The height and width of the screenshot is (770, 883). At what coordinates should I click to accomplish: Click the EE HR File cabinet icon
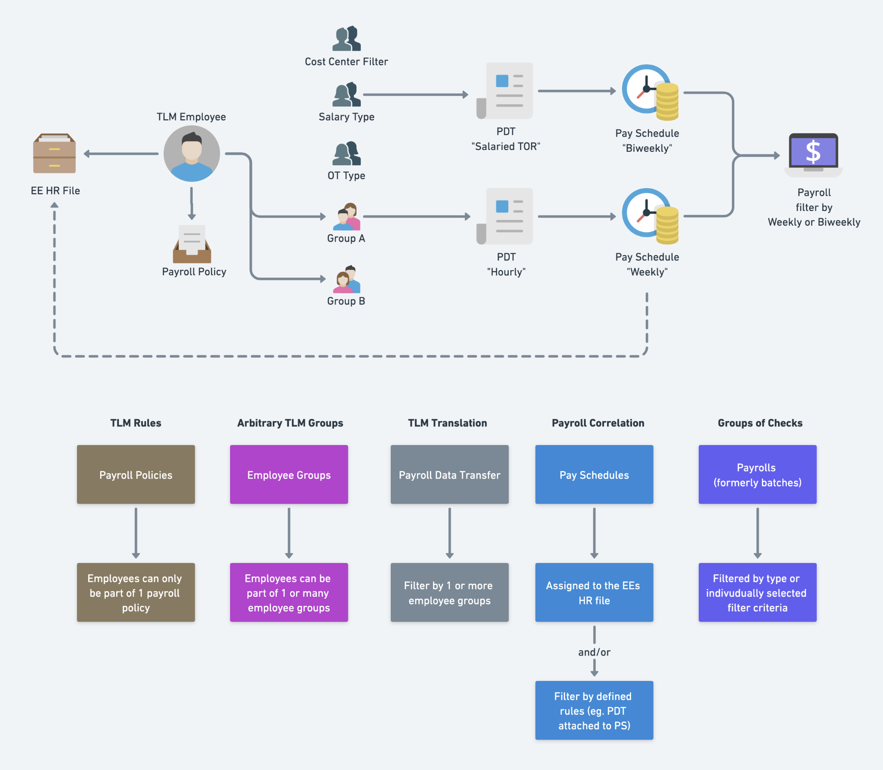[x=54, y=154]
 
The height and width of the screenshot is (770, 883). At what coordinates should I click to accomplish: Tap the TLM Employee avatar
[x=192, y=154]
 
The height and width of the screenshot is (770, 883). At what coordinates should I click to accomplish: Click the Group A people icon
[x=347, y=217]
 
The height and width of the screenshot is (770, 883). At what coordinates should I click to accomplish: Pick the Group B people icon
[x=347, y=280]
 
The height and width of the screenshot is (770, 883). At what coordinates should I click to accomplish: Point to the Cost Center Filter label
[x=346, y=61]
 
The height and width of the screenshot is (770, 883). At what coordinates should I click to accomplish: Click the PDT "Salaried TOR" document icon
[x=506, y=91]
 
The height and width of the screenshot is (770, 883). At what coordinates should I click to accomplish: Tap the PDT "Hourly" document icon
[x=506, y=216]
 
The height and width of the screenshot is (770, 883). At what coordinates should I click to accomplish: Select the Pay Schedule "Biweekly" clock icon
[x=650, y=92]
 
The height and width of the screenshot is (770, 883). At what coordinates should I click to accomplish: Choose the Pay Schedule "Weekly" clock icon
[x=650, y=216]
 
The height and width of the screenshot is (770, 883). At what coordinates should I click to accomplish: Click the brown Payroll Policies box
[x=136, y=474]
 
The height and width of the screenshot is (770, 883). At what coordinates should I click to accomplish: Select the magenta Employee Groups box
[x=289, y=474]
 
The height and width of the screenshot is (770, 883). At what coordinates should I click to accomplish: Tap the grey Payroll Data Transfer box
[x=450, y=474]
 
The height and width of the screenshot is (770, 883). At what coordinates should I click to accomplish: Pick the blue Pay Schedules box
[x=594, y=474]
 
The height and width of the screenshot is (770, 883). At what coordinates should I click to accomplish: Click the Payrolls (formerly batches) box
[x=757, y=474]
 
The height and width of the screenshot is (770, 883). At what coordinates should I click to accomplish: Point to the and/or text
[x=594, y=652]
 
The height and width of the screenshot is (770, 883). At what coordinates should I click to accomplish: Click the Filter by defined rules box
[x=594, y=710]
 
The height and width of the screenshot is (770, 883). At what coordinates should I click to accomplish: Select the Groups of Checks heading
[x=760, y=423]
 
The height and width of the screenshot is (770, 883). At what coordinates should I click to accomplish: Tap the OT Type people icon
[x=347, y=154]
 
